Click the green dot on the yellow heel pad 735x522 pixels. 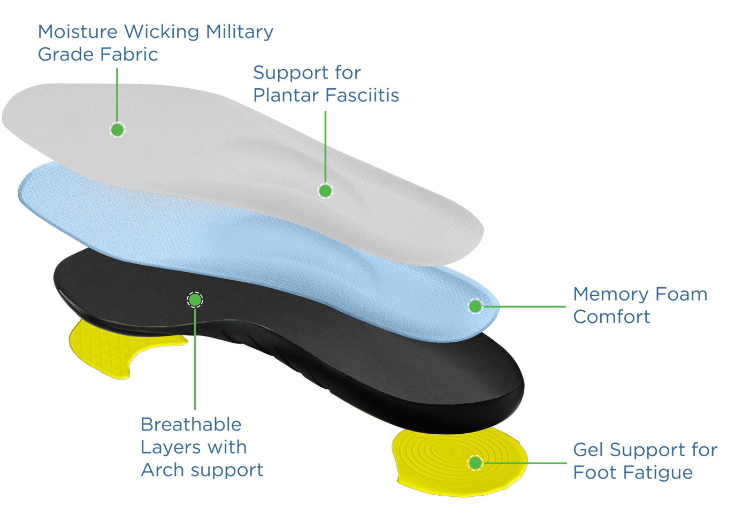475,463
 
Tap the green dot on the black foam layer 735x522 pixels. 195,300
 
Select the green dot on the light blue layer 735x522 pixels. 475,306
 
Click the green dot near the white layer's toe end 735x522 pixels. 117,129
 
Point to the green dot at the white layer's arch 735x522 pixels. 325,190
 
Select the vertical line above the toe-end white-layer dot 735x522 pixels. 117,102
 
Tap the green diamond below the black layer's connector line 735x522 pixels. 197,377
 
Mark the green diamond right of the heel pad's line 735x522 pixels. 551,461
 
